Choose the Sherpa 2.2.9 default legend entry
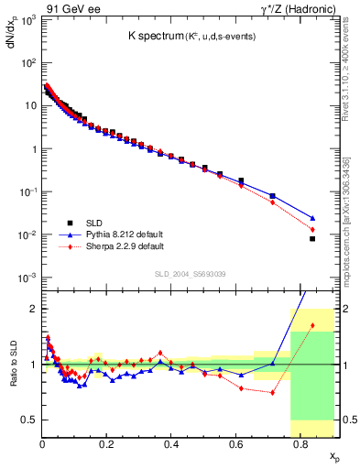[x=123, y=246]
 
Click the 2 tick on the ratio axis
[x=34, y=309]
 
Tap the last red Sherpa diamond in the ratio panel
[x=312, y=325]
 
